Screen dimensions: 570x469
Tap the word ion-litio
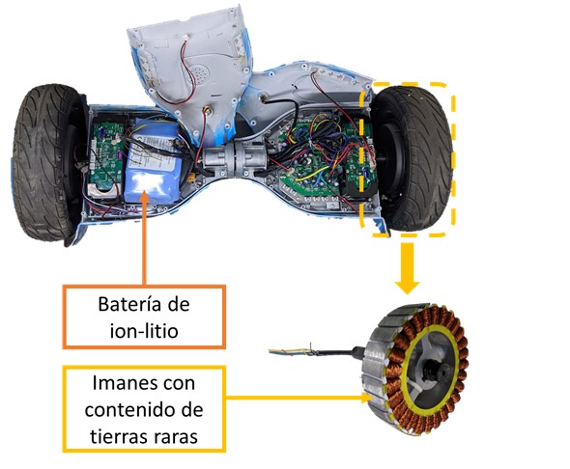point(144,331)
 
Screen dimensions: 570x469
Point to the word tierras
point(118,436)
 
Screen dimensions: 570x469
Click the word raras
point(176,437)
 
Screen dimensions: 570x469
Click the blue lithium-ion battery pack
point(154,160)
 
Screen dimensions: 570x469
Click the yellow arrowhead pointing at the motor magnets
point(368,398)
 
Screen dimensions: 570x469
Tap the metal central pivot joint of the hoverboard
point(235,158)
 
